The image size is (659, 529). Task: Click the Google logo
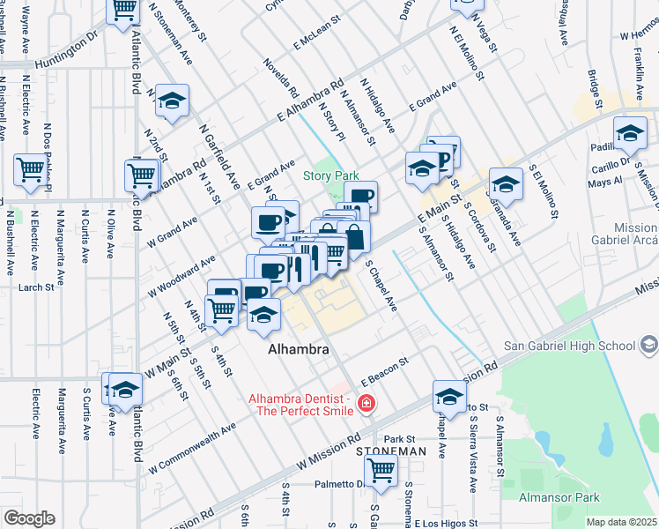[29, 518]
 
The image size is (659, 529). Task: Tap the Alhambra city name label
[299, 350]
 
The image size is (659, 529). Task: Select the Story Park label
[330, 176]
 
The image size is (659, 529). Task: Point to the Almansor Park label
[609, 498]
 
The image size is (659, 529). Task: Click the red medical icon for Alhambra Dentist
[366, 405]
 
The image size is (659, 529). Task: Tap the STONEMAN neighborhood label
[391, 451]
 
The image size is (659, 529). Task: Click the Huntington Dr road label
[66, 53]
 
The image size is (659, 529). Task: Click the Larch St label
[36, 287]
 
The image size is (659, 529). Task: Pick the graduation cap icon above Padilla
[630, 133]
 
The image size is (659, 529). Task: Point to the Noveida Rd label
[281, 78]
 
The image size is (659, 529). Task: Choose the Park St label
[398, 438]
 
